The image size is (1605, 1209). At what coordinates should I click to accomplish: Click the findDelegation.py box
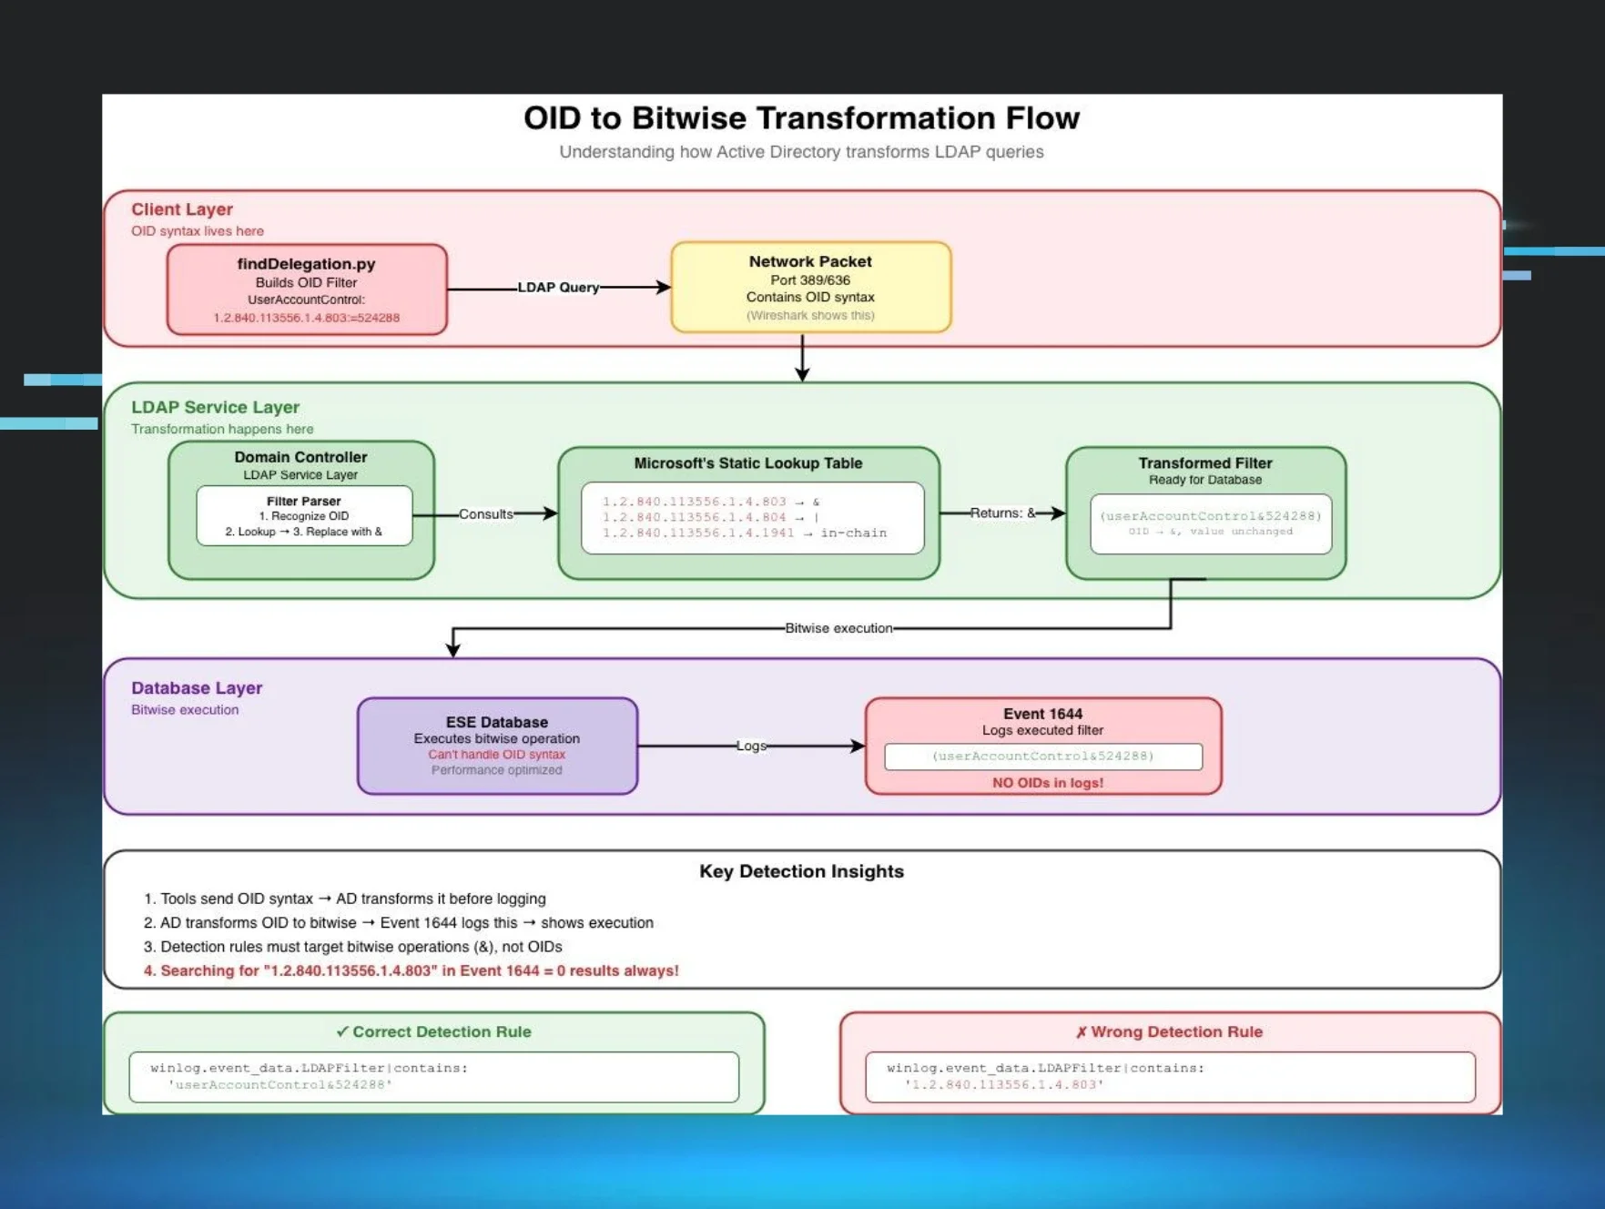pyautogui.click(x=307, y=290)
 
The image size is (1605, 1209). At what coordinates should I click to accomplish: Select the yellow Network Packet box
pyautogui.click(x=810, y=287)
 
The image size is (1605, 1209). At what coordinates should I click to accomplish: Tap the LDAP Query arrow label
pyautogui.click(x=558, y=288)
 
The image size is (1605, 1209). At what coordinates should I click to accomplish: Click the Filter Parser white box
pyautogui.click(x=304, y=516)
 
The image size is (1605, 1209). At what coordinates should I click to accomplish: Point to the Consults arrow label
pyautogui.click(x=485, y=514)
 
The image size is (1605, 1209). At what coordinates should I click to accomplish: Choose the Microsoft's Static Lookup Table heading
pyautogui.click(x=747, y=463)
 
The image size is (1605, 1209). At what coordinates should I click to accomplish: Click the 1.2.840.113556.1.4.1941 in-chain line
pyautogui.click(x=744, y=533)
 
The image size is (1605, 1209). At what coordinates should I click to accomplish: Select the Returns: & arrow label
pyautogui.click(x=1002, y=513)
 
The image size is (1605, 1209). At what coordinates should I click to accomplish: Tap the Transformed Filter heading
pyautogui.click(x=1204, y=463)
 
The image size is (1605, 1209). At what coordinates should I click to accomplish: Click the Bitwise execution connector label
pyautogui.click(x=838, y=628)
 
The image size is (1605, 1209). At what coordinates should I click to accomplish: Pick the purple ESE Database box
pyautogui.click(x=497, y=746)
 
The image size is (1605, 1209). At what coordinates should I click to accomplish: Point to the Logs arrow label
pyautogui.click(x=750, y=747)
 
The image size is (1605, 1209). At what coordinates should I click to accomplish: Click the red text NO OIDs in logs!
pyautogui.click(x=1047, y=783)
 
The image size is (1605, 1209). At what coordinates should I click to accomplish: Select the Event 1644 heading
pyautogui.click(x=1042, y=714)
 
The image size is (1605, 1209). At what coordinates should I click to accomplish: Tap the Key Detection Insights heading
pyautogui.click(x=801, y=871)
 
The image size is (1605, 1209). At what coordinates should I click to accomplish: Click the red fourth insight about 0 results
pyautogui.click(x=411, y=970)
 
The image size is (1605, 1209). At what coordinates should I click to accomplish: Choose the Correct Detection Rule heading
pyautogui.click(x=433, y=1031)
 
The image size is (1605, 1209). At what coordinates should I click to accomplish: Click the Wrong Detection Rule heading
pyautogui.click(x=1169, y=1031)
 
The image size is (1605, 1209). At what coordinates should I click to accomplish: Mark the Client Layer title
pyautogui.click(x=182, y=209)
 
